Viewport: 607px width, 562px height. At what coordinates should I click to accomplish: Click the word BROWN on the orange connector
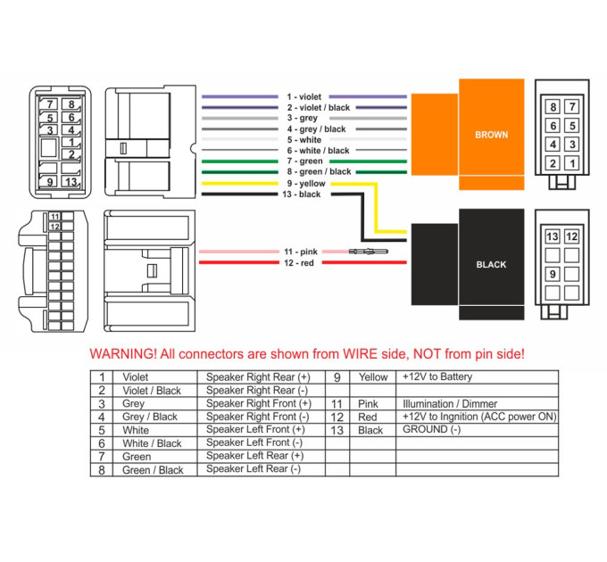(x=491, y=135)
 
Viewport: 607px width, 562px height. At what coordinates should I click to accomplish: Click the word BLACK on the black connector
(x=491, y=265)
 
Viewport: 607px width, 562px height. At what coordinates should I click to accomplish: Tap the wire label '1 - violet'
(x=303, y=96)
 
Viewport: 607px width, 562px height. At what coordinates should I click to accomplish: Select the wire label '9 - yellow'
(x=306, y=184)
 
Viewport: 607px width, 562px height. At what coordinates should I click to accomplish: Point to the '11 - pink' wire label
(x=301, y=252)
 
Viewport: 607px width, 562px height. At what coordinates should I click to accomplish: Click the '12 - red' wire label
(x=299, y=263)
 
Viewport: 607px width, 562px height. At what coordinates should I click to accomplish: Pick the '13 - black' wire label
(x=301, y=194)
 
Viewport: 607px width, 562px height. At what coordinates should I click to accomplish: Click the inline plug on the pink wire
(x=368, y=252)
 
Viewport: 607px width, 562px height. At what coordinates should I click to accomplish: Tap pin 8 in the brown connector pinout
(x=553, y=107)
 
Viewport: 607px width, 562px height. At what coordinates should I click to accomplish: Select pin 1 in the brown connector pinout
(x=572, y=163)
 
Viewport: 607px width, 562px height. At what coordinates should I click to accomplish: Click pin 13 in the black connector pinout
(x=553, y=236)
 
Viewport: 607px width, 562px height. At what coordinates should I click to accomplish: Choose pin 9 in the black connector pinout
(x=553, y=274)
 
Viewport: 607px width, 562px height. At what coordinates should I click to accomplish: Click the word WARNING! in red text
(x=123, y=354)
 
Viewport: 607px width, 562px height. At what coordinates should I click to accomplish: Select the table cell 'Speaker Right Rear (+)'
(x=258, y=377)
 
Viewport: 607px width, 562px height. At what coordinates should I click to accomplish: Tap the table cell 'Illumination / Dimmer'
(x=450, y=404)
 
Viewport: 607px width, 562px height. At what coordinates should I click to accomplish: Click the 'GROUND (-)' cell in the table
(x=432, y=430)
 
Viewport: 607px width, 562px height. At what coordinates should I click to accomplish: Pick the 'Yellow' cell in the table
(x=373, y=377)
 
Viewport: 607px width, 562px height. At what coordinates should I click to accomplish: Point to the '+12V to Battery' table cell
(x=437, y=376)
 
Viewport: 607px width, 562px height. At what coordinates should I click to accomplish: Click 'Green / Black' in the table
(x=153, y=470)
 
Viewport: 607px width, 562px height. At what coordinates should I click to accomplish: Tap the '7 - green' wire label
(x=304, y=161)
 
